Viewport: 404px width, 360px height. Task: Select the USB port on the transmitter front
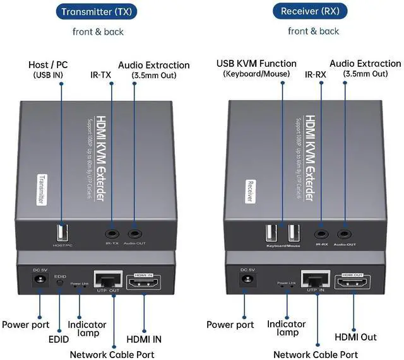coord(61,231)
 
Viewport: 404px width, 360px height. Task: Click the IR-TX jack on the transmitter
coord(112,232)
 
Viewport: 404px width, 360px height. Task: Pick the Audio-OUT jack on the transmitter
coord(134,232)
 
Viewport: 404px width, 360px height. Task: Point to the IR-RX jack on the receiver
coord(321,233)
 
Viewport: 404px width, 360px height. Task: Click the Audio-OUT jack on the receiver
coord(344,233)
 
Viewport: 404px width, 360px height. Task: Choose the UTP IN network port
coord(316,281)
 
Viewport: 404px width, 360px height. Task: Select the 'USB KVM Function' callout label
coord(256,64)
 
